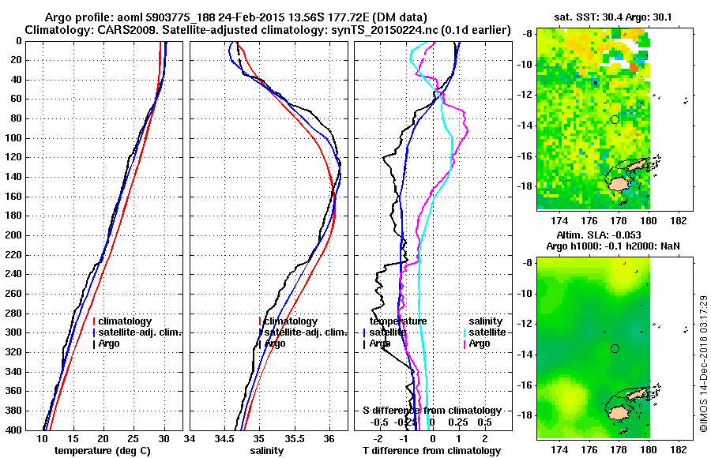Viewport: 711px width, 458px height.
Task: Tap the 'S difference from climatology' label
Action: pyautogui.click(x=431, y=411)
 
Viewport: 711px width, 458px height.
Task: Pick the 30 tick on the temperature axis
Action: pyautogui.click(x=164, y=438)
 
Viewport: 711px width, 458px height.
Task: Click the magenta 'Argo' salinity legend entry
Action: pyautogui.click(x=480, y=343)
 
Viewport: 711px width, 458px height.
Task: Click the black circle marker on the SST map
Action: pyautogui.click(x=615, y=119)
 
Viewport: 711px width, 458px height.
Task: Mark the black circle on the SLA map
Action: pyautogui.click(x=615, y=348)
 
